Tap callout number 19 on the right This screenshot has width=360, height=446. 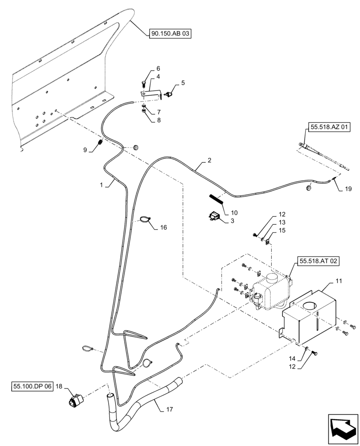coord(348,189)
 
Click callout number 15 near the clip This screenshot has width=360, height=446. coord(282,230)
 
